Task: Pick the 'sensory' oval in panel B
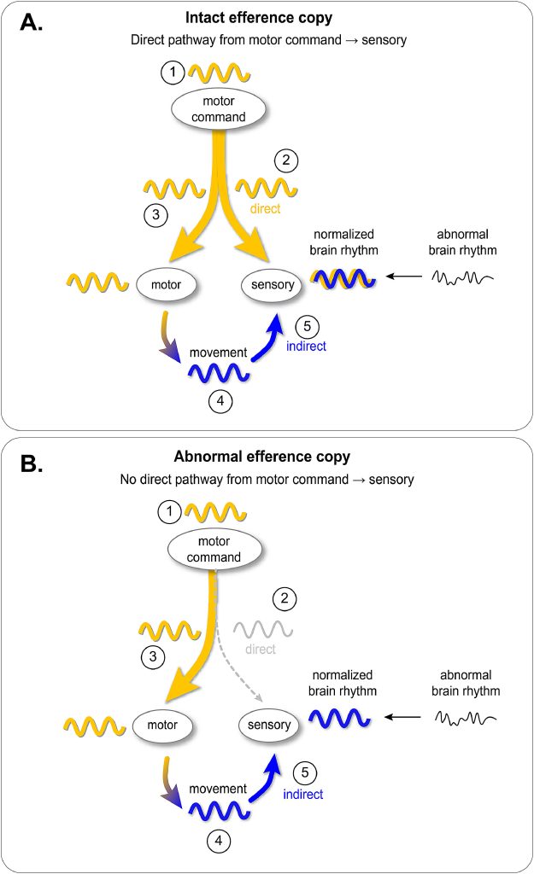point(268,725)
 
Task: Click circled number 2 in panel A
point(285,160)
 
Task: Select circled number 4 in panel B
point(218,841)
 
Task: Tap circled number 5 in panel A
point(306,326)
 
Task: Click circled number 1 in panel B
point(171,512)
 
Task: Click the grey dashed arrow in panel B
point(235,666)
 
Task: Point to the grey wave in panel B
point(262,630)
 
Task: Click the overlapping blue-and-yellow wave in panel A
point(341,279)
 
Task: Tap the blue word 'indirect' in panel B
point(302,795)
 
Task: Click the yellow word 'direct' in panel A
point(266,207)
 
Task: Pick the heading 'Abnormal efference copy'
point(267,456)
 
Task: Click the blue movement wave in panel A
point(219,374)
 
